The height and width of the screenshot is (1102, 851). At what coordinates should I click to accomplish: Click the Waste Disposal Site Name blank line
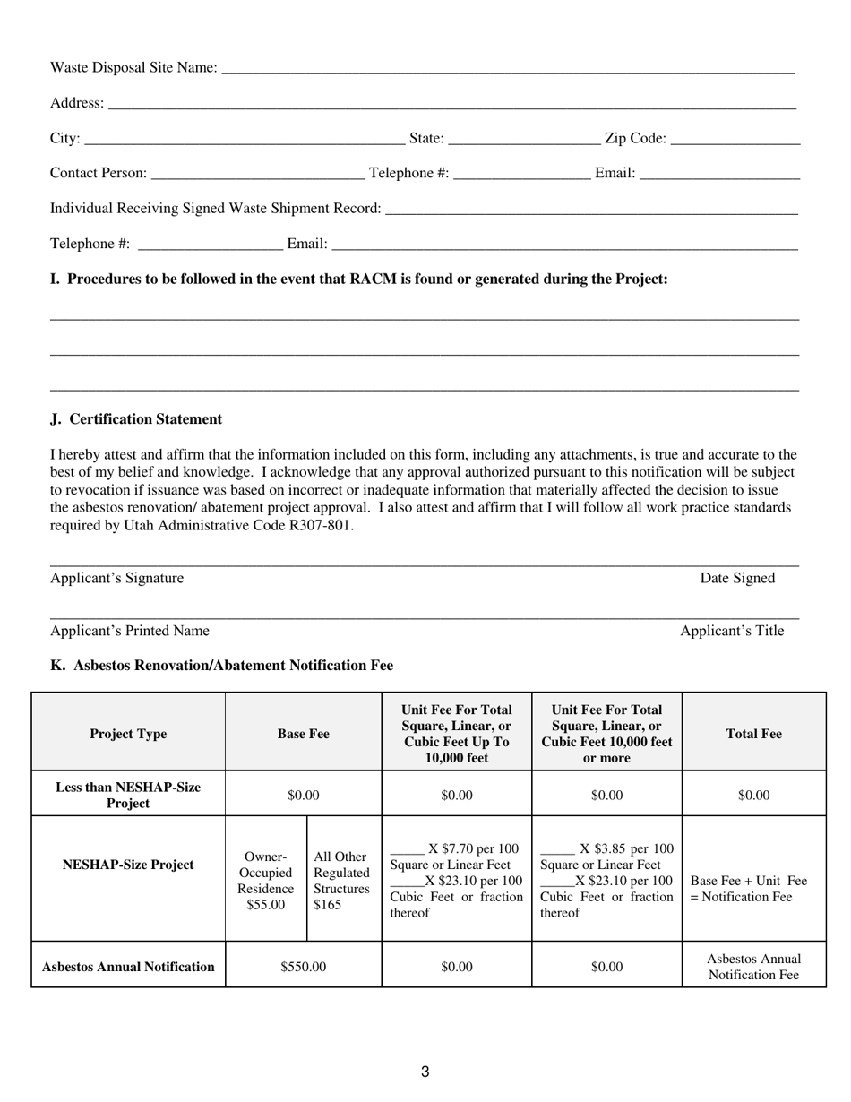pyautogui.click(x=507, y=68)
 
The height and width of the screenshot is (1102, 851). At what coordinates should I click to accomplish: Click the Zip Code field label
pyautogui.click(x=635, y=138)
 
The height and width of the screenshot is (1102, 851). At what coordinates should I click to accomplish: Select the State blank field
pyautogui.click(x=524, y=139)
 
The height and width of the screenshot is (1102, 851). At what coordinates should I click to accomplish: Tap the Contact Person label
pyautogui.click(x=98, y=173)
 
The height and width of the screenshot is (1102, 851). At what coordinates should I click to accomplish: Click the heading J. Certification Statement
pyautogui.click(x=136, y=419)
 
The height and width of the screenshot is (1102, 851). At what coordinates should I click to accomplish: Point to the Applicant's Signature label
pyautogui.click(x=116, y=579)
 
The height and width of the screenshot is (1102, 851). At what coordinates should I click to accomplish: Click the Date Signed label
pyautogui.click(x=737, y=579)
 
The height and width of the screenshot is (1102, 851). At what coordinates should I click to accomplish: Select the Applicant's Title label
pyautogui.click(x=731, y=632)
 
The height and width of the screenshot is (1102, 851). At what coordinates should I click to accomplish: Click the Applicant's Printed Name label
pyautogui.click(x=130, y=632)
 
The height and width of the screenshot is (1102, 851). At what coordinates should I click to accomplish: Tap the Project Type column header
pyautogui.click(x=128, y=735)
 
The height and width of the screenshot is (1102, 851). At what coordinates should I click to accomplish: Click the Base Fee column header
pyautogui.click(x=303, y=735)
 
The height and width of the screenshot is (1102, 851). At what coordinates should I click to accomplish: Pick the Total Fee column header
pyautogui.click(x=753, y=735)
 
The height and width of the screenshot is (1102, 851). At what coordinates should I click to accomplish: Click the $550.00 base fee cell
pyautogui.click(x=303, y=968)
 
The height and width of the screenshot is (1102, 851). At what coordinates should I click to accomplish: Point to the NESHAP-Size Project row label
pyautogui.click(x=128, y=865)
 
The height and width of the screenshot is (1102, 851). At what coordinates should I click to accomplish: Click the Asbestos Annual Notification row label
pyautogui.click(x=128, y=968)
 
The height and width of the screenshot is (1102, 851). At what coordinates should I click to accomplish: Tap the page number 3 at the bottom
pyautogui.click(x=425, y=1072)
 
